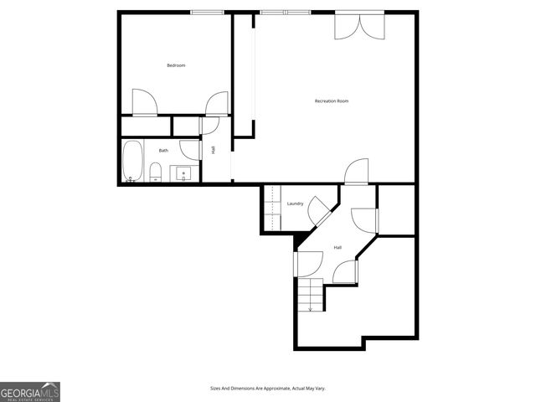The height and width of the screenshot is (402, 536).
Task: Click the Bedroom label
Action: pos(176,65)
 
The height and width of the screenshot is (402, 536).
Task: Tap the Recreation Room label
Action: pos(332,101)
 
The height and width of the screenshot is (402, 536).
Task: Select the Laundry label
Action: pos(295,204)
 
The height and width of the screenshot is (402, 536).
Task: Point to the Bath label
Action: pos(164,151)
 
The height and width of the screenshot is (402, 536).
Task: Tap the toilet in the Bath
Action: pos(156,173)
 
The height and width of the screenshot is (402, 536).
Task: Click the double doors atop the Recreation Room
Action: pos(361,26)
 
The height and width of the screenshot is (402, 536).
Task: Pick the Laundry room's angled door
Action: pos(318,210)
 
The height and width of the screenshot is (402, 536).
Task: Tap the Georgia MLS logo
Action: pos(30,392)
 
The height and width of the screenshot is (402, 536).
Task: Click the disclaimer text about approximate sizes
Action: pos(267,389)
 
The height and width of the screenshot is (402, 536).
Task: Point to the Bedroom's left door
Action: pos(144,103)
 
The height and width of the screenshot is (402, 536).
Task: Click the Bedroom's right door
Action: pos(217,103)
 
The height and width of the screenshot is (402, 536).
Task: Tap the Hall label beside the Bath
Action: pos(214,150)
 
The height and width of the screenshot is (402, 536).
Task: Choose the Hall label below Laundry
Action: pos(338,248)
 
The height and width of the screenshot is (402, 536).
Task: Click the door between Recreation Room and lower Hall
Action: pos(356,172)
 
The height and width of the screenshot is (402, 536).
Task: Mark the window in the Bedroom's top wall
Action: pos(207,12)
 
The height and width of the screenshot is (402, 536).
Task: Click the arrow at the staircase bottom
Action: pos(311,309)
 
